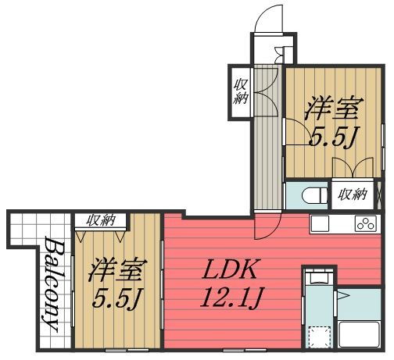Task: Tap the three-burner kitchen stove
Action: (365, 223)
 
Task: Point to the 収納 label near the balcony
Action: (100, 221)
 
